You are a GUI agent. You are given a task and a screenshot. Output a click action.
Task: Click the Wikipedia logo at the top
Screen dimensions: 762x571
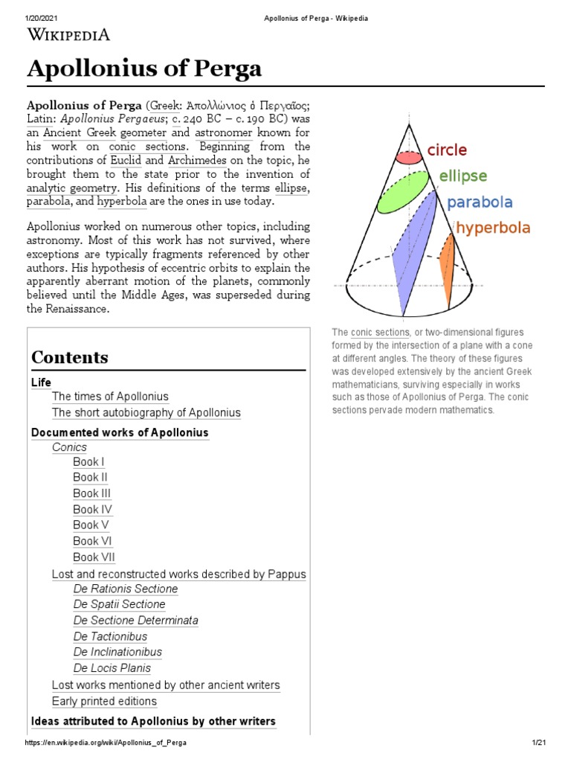point(68,34)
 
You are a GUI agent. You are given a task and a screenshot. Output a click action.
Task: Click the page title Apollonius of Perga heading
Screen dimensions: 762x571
point(144,69)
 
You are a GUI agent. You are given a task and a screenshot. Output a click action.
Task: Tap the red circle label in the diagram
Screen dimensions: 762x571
point(447,150)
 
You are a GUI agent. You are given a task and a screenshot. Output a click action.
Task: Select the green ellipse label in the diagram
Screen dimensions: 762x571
point(462,176)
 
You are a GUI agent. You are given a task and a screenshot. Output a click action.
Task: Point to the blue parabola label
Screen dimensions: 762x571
point(480,202)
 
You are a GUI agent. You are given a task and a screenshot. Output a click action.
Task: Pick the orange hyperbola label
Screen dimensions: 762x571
point(493,228)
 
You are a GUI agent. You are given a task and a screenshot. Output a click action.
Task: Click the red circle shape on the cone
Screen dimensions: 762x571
point(408,157)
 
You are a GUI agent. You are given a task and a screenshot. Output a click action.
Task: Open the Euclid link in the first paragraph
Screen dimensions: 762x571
point(125,160)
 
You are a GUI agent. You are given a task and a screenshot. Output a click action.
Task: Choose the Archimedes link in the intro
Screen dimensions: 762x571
point(197,160)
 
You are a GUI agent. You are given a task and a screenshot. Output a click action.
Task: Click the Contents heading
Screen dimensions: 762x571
point(70,357)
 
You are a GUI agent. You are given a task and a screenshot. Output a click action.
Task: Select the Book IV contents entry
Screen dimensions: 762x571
point(92,510)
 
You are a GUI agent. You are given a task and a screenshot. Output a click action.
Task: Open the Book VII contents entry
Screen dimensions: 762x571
point(94,557)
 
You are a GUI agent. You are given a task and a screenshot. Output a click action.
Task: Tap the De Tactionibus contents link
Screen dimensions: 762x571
point(110,636)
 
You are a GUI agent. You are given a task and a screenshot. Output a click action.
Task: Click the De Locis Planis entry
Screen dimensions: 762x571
point(112,668)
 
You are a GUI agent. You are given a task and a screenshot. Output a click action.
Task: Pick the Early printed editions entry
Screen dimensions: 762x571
point(104,701)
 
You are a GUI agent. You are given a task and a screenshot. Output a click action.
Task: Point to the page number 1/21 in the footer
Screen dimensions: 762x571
point(539,743)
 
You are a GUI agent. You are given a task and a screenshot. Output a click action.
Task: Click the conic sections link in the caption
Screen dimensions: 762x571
point(380,333)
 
